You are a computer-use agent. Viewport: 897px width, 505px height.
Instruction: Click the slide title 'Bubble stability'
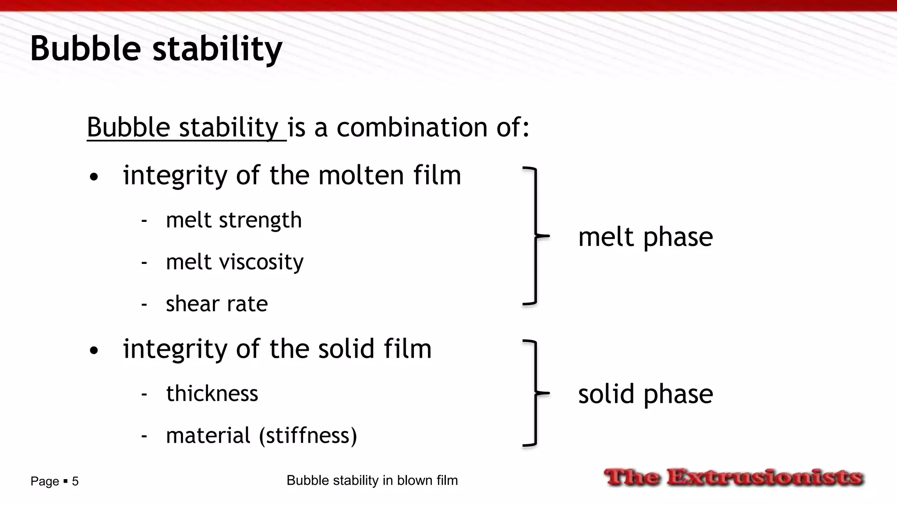tap(156, 49)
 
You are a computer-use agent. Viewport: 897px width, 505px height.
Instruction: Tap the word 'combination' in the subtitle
tap(412, 128)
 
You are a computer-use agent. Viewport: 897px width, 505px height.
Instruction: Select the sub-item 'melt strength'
tap(233, 220)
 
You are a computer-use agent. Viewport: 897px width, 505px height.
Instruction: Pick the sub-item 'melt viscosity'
tap(234, 262)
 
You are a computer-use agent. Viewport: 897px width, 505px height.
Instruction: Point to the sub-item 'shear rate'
tap(216, 304)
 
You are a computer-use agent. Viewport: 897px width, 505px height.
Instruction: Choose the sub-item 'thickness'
tap(212, 393)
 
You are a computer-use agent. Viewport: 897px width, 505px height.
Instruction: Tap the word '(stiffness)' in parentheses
tap(308, 435)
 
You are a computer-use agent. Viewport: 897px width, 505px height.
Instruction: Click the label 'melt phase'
tap(645, 237)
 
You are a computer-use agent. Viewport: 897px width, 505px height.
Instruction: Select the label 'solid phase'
tap(645, 394)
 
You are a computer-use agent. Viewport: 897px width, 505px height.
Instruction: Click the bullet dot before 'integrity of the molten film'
tap(93, 178)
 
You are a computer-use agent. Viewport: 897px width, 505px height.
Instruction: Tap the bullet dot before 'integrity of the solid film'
tap(93, 351)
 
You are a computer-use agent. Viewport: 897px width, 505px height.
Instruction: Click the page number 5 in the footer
tap(75, 481)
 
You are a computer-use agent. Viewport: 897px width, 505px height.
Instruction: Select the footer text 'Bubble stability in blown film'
tap(372, 480)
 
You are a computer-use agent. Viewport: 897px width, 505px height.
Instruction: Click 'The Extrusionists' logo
tap(734, 477)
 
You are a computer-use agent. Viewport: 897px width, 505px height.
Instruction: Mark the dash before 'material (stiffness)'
tap(144, 436)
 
